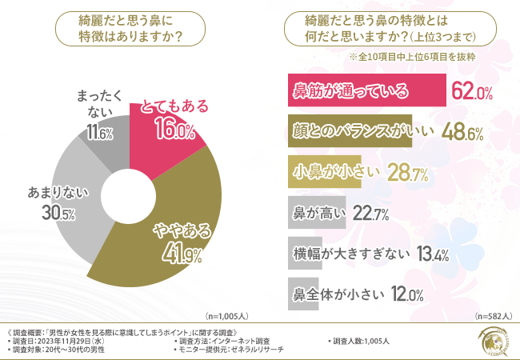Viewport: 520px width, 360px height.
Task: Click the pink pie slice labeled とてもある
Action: click(x=164, y=120)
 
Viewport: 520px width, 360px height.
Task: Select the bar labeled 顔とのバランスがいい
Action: click(x=348, y=132)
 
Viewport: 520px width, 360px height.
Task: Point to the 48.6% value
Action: click(x=462, y=133)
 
